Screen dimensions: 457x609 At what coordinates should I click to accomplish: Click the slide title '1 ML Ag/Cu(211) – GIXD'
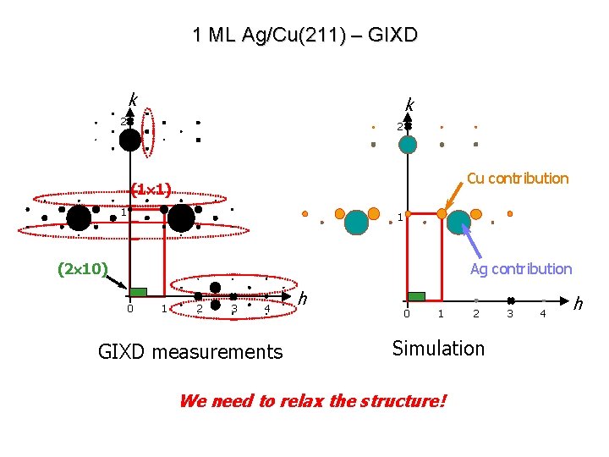[x=304, y=35]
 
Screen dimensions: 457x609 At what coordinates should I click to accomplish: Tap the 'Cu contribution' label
[x=518, y=178]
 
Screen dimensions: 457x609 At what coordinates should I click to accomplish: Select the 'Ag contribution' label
[x=521, y=269]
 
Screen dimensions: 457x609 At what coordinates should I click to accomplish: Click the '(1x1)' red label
[x=151, y=190]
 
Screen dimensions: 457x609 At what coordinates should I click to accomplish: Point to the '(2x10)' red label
[x=82, y=269]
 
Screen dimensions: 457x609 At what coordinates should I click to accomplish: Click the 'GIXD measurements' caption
[x=190, y=351]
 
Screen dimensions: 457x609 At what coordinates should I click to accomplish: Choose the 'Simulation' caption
[x=439, y=348]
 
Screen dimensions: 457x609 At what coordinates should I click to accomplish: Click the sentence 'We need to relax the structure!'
[x=311, y=400]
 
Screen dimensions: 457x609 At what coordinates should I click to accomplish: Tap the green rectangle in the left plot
[x=138, y=292]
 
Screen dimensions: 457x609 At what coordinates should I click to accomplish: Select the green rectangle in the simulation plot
[x=416, y=296]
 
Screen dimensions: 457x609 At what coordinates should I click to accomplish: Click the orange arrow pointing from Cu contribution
[x=454, y=200]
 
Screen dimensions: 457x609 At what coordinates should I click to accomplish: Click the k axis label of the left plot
[x=133, y=99]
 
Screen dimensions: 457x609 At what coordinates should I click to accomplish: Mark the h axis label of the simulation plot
[x=579, y=302]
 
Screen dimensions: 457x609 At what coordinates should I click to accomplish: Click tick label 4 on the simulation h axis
[x=543, y=315]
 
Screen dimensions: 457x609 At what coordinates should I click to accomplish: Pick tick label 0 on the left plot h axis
[x=129, y=308]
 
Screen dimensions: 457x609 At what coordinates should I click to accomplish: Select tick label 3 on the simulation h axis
[x=509, y=315]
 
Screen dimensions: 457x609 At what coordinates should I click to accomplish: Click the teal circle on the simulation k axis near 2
[x=408, y=144]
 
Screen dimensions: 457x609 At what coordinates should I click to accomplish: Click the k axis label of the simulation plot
[x=409, y=104]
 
